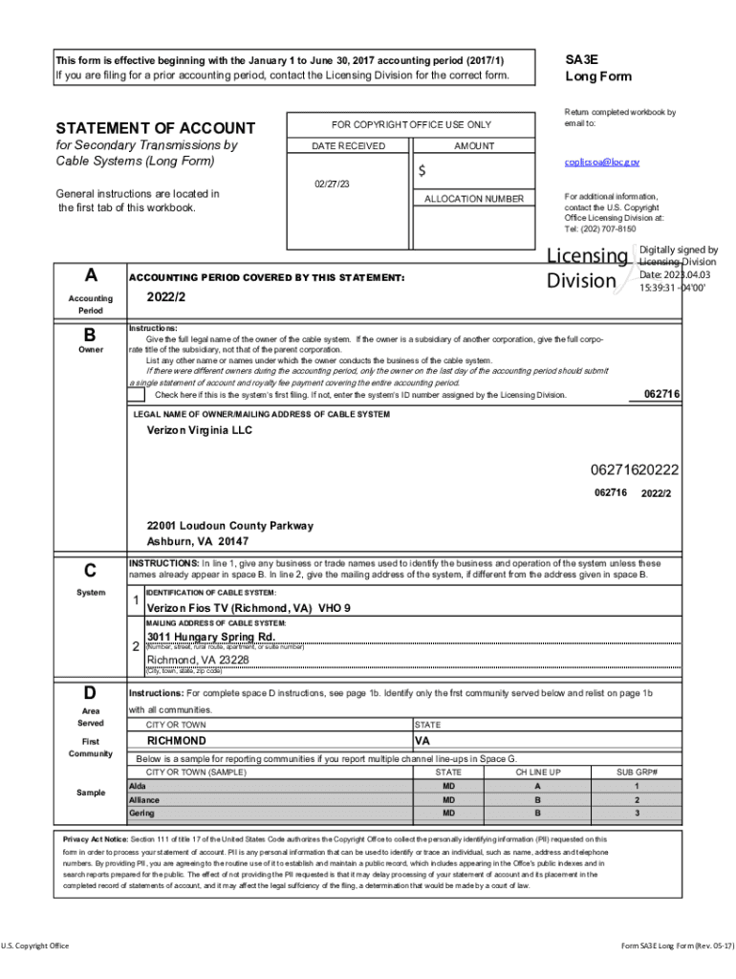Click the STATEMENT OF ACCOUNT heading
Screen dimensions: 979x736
coord(156,128)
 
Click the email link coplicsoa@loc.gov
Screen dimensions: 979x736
coord(601,163)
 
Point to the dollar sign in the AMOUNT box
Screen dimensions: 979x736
coord(422,171)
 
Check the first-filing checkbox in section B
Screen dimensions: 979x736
coord(138,395)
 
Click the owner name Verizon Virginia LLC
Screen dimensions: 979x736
coord(200,431)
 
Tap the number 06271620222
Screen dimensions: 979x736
coord(634,469)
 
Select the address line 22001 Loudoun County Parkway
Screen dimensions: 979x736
coord(229,526)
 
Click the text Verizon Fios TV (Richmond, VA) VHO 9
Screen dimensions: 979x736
coord(249,608)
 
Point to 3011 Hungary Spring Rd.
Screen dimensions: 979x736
coord(210,637)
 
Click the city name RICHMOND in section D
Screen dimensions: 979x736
coord(176,741)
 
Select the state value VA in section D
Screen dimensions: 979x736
coord(423,741)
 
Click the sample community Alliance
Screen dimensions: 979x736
coord(144,799)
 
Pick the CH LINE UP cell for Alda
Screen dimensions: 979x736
coord(537,786)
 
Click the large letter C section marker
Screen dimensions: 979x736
coord(90,572)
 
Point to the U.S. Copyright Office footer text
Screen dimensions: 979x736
coord(35,946)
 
